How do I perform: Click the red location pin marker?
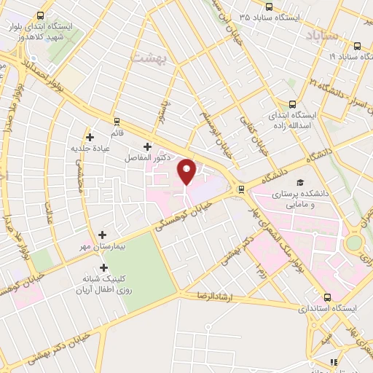click(x=187, y=172)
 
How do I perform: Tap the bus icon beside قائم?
click(x=116, y=121)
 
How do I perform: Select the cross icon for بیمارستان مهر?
click(x=103, y=235)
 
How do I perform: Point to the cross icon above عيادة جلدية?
click(x=90, y=136)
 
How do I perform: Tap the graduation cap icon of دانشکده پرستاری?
click(x=299, y=183)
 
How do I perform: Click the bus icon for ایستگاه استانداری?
click(x=327, y=297)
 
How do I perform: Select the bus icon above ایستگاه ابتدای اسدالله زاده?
click(x=292, y=104)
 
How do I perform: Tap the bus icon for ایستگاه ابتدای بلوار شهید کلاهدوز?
click(x=40, y=15)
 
